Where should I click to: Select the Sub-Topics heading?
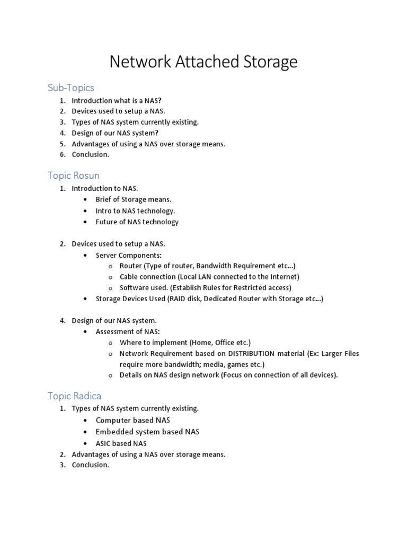(71, 87)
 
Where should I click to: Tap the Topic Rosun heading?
(74, 175)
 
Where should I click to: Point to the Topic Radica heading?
(74, 396)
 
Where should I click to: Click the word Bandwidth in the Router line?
(214, 265)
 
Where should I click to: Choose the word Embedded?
(113, 432)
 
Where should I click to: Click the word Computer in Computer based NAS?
(113, 420)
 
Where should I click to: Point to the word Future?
(107, 222)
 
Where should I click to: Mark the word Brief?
(104, 199)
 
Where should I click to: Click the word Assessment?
(114, 331)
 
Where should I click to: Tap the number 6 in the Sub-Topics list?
(62, 155)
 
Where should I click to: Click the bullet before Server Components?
(86, 256)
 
